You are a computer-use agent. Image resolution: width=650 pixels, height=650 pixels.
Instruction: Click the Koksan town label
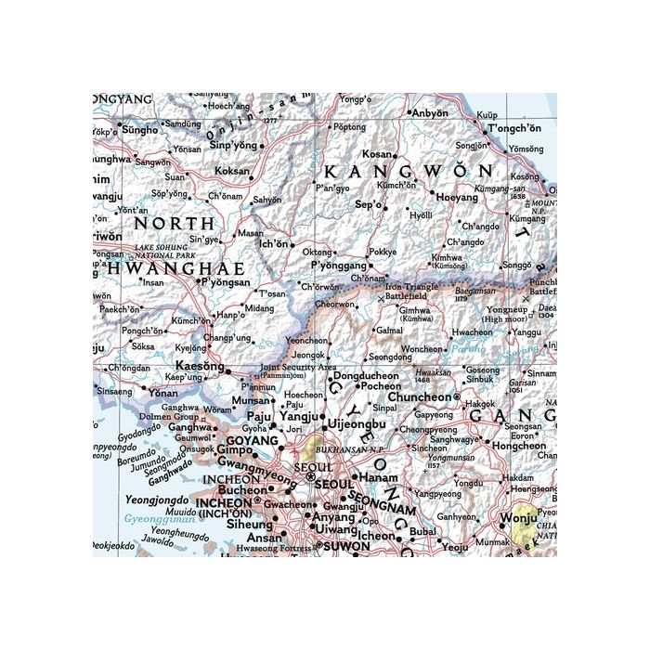tap(231, 171)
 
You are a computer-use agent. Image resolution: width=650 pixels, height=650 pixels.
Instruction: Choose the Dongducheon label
tap(366, 375)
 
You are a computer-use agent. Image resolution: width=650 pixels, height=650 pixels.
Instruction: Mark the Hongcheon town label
tap(520, 446)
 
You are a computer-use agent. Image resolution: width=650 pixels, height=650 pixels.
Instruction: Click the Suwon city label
tap(345, 547)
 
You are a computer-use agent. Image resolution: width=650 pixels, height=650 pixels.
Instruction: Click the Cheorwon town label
tap(334, 304)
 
